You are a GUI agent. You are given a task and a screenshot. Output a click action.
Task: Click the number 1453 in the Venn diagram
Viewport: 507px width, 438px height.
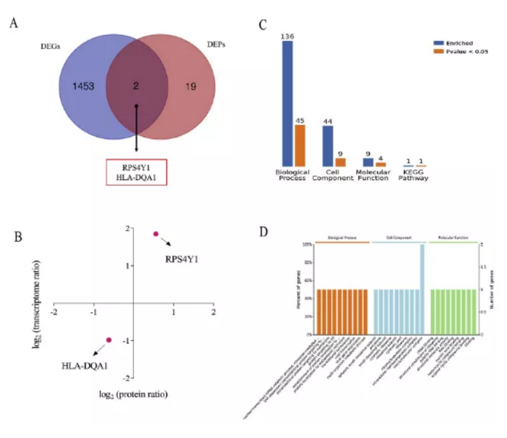pyautogui.click(x=83, y=86)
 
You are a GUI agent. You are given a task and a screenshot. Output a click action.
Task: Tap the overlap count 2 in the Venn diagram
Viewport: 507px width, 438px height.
pyautogui.click(x=137, y=86)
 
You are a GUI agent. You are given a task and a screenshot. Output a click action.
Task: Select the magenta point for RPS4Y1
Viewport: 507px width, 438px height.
pyautogui.click(x=155, y=234)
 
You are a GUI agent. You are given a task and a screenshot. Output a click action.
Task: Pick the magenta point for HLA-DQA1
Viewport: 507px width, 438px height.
pyautogui.click(x=108, y=340)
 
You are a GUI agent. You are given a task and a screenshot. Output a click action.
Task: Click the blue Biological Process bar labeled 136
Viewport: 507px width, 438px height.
pyautogui.click(x=287, y=102)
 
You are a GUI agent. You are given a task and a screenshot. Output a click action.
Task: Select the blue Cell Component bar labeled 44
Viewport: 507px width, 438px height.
pyautogui.click(x=328, y=146)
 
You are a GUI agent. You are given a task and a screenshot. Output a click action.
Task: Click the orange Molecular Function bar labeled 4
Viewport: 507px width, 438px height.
pyautogui.click(x=380, y=164)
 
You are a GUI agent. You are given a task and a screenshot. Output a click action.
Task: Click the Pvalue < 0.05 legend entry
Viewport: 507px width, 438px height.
pyautogui.click(x=458, y=53)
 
